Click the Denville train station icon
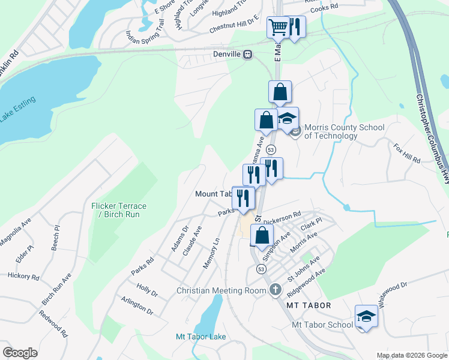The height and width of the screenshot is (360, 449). [247, 55]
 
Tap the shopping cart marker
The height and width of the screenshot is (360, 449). [278, 27]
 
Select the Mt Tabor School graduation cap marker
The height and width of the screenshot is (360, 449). [366, 316]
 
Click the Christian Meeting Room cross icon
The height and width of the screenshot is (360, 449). [275, 290]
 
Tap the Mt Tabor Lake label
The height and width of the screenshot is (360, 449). [201, 337]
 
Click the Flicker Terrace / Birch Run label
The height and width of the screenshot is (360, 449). [119, 211]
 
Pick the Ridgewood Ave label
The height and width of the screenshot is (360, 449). [306, 280]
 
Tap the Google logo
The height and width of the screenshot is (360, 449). [20, 353]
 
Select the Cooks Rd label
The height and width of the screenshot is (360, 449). [329, 6]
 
